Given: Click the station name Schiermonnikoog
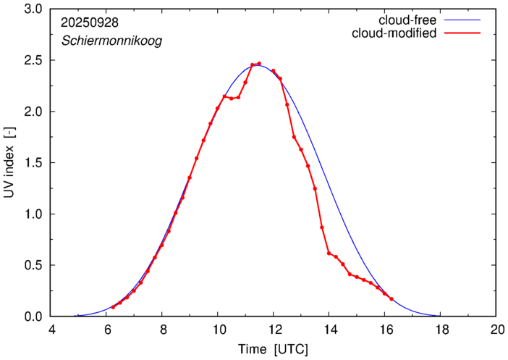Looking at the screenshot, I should point(111,41).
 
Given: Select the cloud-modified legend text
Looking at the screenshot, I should point(394,33).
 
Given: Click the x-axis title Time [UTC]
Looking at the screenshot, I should point(274,349).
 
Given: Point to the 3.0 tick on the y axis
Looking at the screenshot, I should point(33,9).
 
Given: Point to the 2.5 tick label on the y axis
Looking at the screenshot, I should point(33,61).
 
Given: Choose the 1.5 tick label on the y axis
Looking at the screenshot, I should point(33,163).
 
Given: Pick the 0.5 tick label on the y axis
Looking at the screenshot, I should point(33,265).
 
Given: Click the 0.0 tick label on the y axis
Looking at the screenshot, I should point(33,317).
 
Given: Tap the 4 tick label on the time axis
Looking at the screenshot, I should point(51,330).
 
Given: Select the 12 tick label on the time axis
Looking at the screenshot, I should point(274,330).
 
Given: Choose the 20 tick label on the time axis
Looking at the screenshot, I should point(496,330).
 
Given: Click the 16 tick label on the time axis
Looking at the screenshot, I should point(385,330).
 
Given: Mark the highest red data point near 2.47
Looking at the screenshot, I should point(259,64).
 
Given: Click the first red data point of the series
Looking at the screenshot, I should point(113,308).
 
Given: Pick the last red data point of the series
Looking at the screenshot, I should point(391,299).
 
